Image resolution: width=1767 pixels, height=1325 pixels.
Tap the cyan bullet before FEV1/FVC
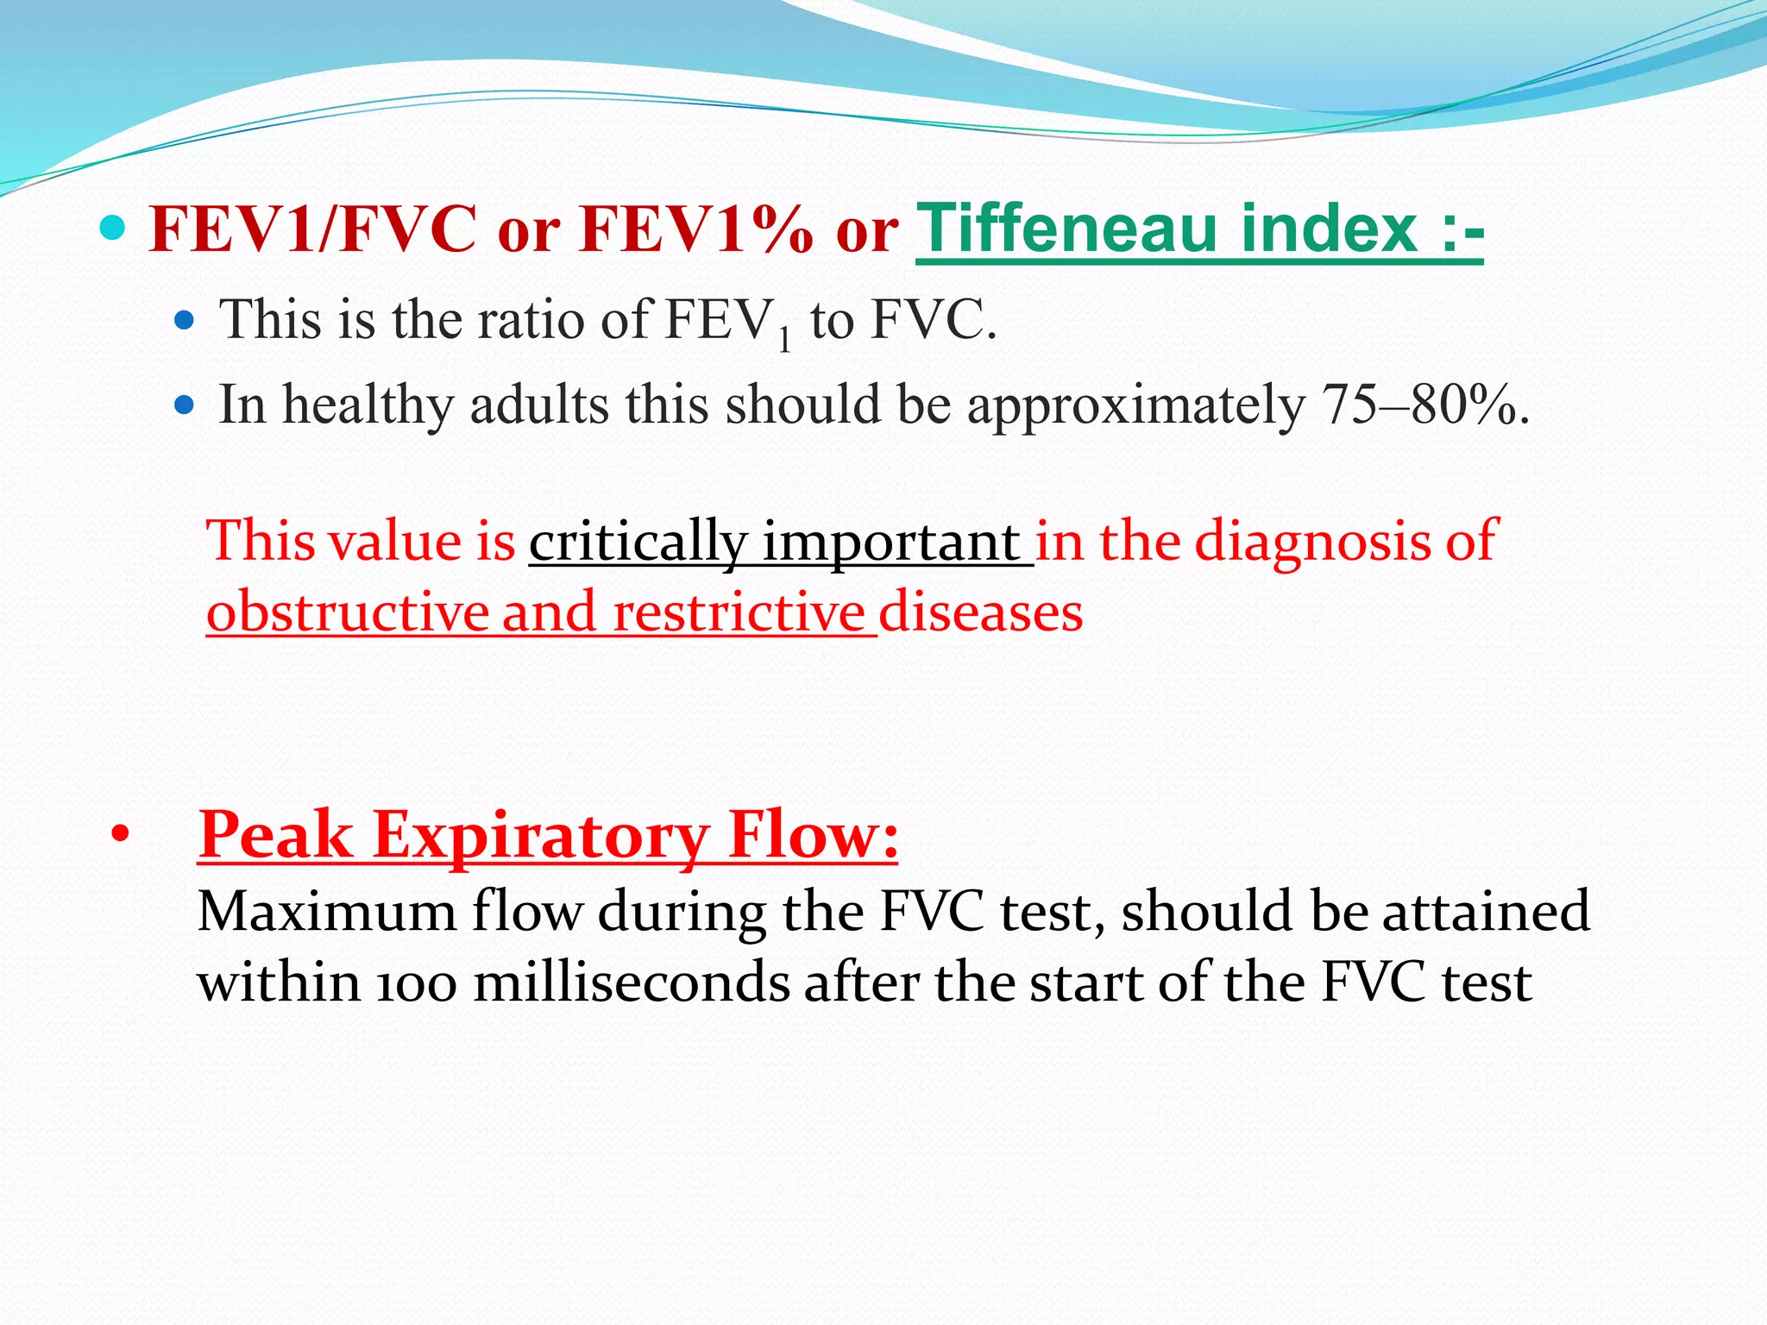click(112, 229)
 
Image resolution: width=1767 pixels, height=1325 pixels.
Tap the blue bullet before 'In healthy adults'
click(184, 404)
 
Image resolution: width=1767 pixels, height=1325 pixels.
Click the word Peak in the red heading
click(276, 835)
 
